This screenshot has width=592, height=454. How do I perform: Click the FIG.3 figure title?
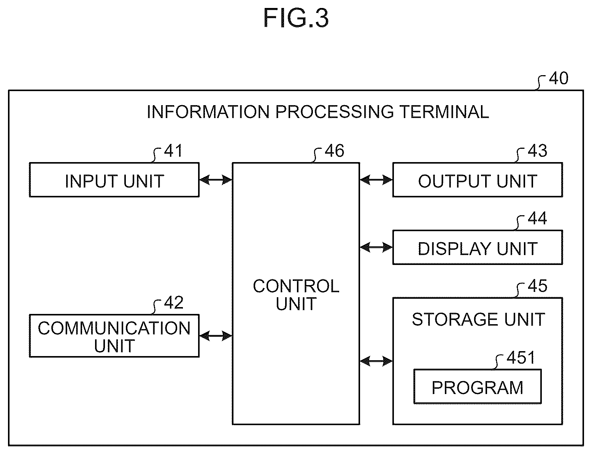296,18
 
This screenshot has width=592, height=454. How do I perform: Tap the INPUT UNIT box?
114,180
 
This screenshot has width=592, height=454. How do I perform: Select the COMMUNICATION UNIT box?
114,336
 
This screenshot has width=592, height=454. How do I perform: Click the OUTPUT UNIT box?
478,180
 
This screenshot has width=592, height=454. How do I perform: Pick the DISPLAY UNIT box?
478,247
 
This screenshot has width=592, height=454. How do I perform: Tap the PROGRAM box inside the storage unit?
477,386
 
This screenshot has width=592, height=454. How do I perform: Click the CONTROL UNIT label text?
296,295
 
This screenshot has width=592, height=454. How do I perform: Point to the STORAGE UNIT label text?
478,319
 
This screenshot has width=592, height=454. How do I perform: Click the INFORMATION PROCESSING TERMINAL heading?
317,112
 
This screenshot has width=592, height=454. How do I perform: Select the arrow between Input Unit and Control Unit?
216,180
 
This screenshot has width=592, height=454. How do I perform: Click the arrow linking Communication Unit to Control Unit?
216,336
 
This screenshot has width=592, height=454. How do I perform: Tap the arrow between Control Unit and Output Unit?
376,180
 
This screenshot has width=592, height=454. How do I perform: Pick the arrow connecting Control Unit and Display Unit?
376,247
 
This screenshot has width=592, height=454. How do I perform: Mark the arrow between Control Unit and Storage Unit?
376,361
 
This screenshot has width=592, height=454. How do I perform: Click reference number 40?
559,78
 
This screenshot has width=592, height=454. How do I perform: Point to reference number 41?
173,151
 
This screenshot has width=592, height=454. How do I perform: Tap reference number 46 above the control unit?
335,151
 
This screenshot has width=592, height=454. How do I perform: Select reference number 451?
521,358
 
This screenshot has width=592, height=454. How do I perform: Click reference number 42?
173,303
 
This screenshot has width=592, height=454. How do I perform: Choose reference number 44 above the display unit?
537,218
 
